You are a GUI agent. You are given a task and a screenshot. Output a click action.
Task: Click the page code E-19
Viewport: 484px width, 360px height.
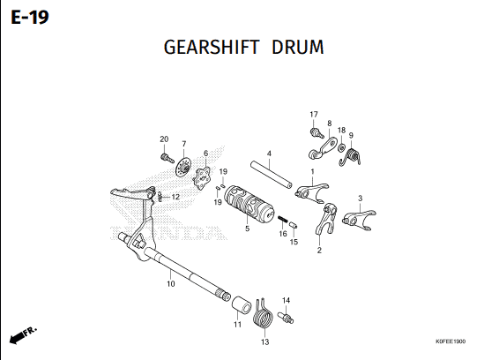30,18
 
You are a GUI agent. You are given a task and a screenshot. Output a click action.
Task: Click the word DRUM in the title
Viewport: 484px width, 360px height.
298,48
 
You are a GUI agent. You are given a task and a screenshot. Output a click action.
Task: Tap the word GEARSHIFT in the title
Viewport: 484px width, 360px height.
211,48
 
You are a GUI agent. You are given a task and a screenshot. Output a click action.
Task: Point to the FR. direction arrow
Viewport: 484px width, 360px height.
23,335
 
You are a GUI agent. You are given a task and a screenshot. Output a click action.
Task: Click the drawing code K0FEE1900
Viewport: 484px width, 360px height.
450,341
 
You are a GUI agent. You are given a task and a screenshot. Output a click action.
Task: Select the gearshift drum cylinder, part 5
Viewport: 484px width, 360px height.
249,204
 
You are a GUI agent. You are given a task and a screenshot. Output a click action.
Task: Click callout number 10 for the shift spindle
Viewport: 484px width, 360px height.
171,283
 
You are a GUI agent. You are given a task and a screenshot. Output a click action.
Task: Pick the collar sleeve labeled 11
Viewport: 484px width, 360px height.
242,304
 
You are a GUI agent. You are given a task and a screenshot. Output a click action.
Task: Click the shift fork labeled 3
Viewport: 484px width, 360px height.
359,220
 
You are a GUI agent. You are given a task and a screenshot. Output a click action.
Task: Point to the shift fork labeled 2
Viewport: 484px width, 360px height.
325,219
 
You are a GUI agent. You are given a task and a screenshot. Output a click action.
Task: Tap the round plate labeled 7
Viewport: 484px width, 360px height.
183,167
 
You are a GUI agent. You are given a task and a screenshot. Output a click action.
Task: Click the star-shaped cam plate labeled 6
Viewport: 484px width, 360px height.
202,177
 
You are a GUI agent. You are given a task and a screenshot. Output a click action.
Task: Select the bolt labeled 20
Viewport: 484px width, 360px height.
167,158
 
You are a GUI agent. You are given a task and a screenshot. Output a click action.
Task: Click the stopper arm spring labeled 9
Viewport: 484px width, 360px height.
350,157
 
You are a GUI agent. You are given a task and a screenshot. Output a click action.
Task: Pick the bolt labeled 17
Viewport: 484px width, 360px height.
316,132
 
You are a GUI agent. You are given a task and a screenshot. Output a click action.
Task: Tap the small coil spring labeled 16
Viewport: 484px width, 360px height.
283,219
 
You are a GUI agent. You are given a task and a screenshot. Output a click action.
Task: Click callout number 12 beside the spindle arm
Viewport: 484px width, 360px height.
175,197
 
